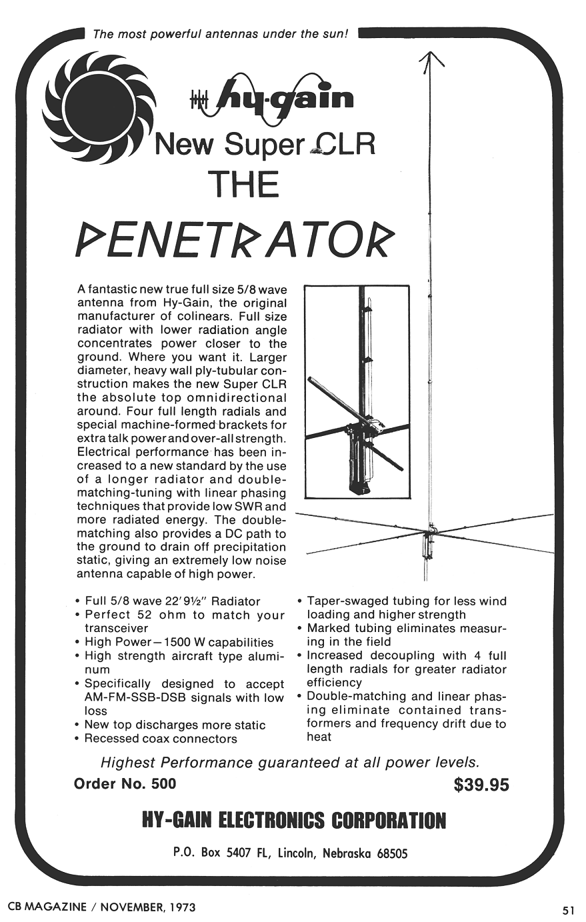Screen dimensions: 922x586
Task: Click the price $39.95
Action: pos(481,785)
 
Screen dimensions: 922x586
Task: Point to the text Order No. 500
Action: pos(125,783)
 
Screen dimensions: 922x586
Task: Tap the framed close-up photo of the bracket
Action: pos(357,391)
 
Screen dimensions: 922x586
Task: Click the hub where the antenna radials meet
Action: pos(430,531)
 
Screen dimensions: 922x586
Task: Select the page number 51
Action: pos(568,909)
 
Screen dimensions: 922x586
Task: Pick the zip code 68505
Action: pos(391,853)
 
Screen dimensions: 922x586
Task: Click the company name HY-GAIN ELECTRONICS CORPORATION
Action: pos(294,820)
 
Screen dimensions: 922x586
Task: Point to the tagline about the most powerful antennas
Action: pos(220,34)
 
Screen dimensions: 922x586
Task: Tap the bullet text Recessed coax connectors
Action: pos(161,739)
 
